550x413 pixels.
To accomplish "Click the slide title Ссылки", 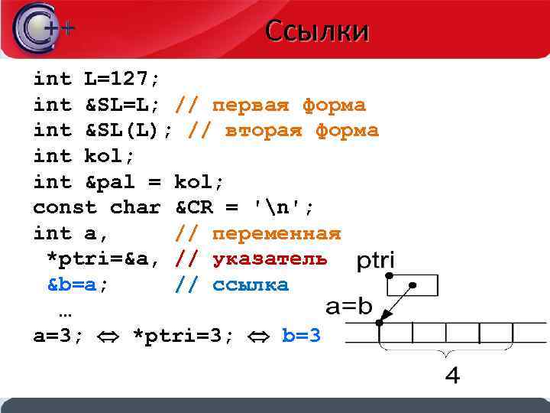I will [317, 31].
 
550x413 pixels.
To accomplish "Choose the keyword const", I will [65, 207].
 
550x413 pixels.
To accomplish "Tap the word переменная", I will [277, 233].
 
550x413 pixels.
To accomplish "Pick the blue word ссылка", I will [251, 285].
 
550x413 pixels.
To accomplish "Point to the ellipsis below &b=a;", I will [65, 312].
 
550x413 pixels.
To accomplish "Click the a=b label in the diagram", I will [349, 307].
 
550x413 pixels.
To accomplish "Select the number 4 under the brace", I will [452, 376].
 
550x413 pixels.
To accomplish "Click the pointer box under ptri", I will [412, 285].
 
